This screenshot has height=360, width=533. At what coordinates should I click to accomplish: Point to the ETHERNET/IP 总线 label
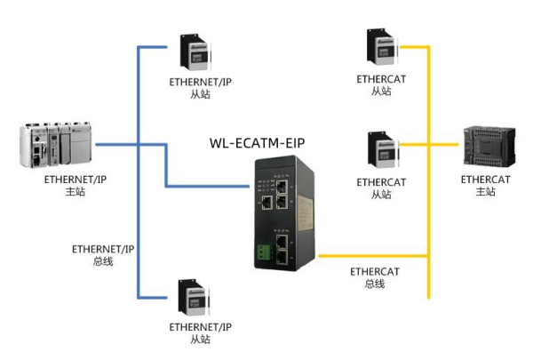(x=103, y=255)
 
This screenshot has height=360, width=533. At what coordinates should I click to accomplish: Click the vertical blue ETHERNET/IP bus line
(x=138, y=222)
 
